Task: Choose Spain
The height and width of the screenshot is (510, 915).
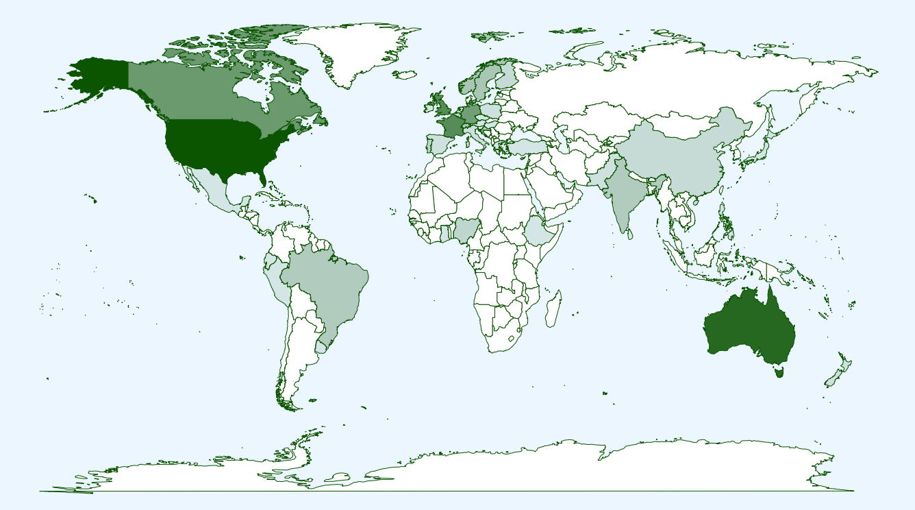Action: pos(438,144)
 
